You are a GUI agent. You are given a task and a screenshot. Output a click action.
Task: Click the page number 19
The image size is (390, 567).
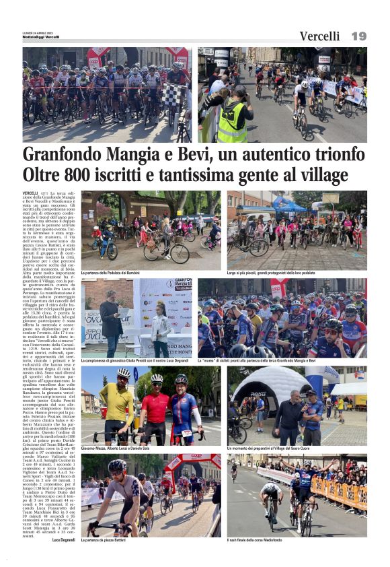(358, 36)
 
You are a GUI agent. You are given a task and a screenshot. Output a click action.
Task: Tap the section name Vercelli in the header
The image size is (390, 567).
(319, 36)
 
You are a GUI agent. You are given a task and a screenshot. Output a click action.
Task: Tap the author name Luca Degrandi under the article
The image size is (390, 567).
(65, 540)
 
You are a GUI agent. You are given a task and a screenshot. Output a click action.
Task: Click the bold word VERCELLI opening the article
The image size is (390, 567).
(30, 193)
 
